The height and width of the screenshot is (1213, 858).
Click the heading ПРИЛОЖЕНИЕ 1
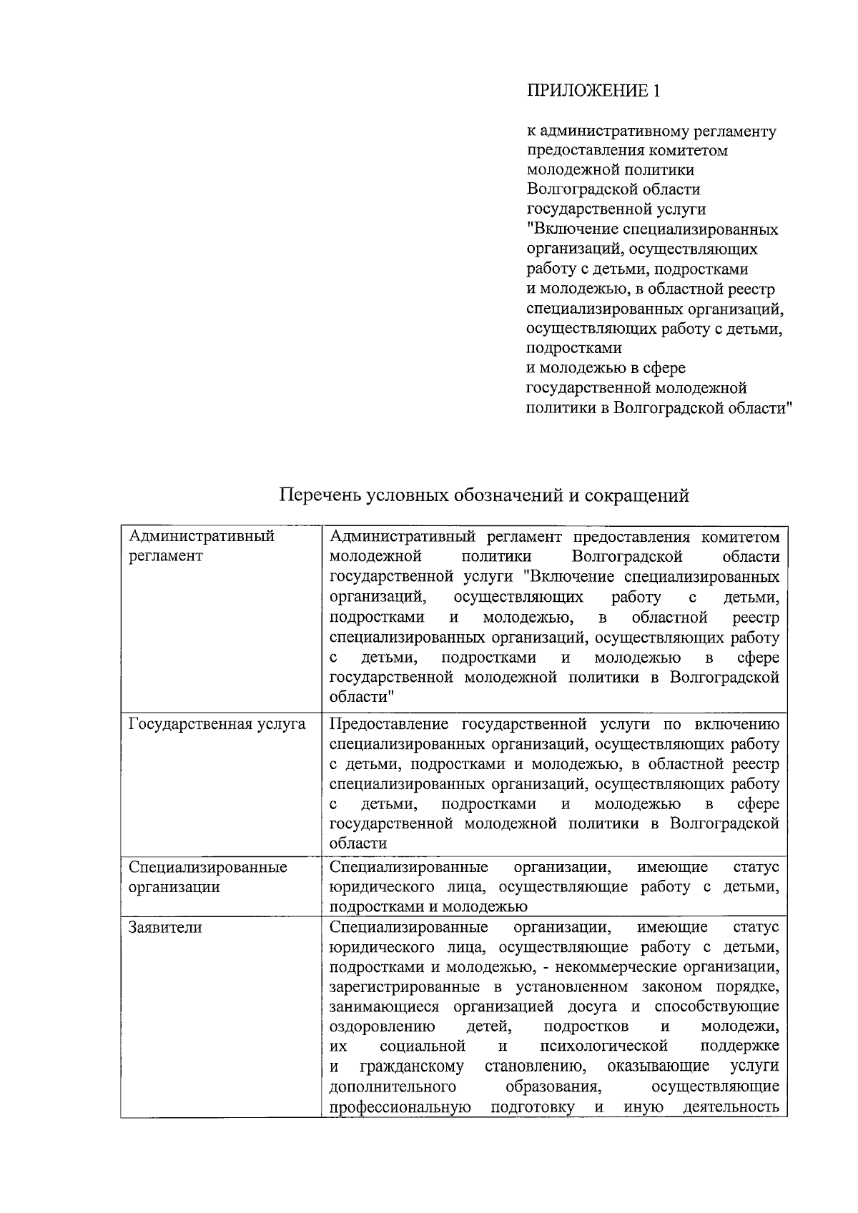pos(593,91)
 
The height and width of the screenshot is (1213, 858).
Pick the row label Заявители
pos(165,928)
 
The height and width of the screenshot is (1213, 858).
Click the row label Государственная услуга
pos(217,725)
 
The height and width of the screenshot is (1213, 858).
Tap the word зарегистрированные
pos(405,988)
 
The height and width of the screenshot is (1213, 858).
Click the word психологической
pos(604,1047)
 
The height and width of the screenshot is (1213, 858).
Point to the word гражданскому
pos(411,1067)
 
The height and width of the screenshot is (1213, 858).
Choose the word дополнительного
pos(393,1087)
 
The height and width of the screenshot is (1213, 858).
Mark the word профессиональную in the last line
pos(400,1108)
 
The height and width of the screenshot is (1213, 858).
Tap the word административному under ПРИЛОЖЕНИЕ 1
pos(617,132)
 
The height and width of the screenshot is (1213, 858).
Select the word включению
pos(738,725)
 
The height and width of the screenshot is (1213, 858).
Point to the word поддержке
pos(739,1047)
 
